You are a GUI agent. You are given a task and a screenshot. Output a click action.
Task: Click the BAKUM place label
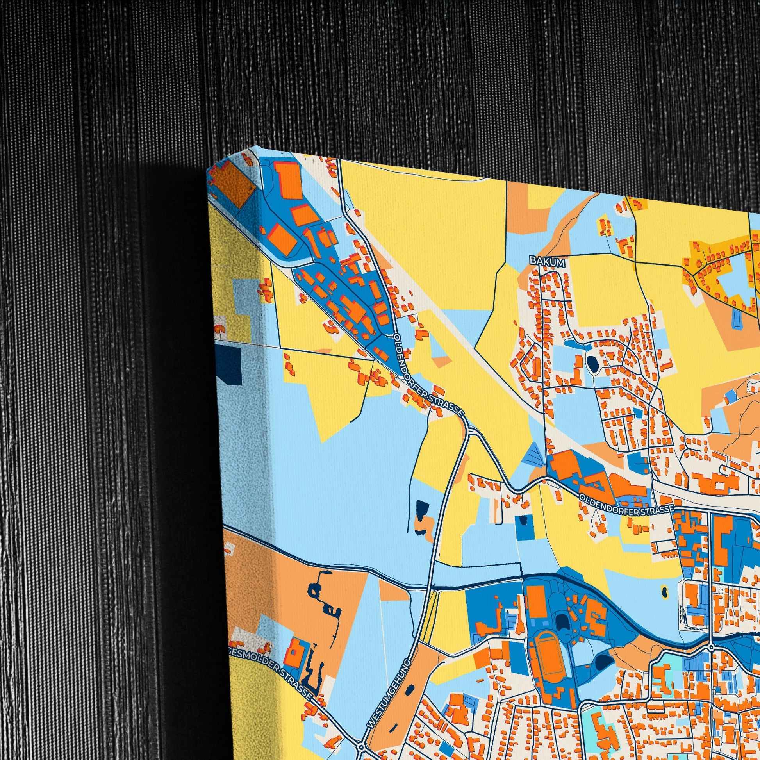pyautogui.click(x=547, y=262)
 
